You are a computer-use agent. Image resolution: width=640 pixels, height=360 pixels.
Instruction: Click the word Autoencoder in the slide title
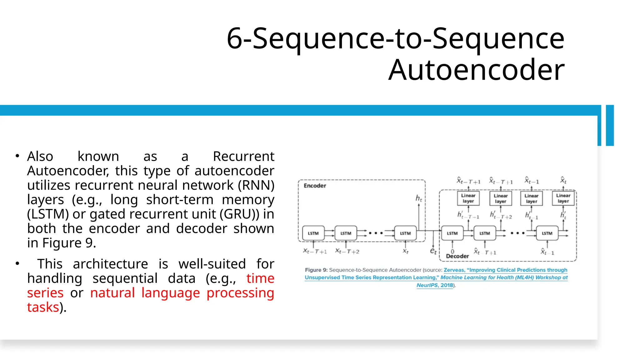coord(476,70)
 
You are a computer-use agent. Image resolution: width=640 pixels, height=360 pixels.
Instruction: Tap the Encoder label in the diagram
coord(315,186)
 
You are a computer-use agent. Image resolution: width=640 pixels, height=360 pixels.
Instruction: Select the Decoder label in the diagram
coord(457,256)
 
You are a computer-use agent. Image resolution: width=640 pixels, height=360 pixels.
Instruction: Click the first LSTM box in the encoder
coord(313,233)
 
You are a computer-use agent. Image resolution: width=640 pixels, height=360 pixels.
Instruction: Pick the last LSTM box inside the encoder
coord(405,233)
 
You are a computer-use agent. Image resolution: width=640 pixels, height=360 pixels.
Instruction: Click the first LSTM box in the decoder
coord(452,233)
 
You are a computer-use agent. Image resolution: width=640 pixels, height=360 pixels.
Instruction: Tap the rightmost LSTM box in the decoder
coord(547,233)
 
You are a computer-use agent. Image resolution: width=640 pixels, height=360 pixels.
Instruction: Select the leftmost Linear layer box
coord(468,198)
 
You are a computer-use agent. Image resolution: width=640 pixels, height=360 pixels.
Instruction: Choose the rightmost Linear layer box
coord(563,198)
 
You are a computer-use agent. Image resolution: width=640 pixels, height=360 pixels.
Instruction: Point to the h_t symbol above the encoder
coord(419,198)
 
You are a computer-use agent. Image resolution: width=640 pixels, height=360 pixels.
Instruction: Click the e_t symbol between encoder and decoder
coord(433,251)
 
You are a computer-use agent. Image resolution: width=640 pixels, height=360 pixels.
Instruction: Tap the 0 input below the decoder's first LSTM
coord(452,251)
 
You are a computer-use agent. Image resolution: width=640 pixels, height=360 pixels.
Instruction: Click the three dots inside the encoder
coord(375,233)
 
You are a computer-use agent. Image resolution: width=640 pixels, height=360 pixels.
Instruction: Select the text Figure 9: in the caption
coord(316,270)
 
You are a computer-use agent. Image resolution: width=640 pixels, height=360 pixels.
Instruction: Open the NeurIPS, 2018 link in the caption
coord(435,285)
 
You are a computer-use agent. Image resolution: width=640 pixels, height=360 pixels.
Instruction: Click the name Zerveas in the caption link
coord(454,270)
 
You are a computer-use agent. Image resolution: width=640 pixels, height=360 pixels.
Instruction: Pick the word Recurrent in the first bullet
coord(243,156)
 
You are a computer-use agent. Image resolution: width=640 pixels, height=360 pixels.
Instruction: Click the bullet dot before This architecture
coord(17,264)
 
